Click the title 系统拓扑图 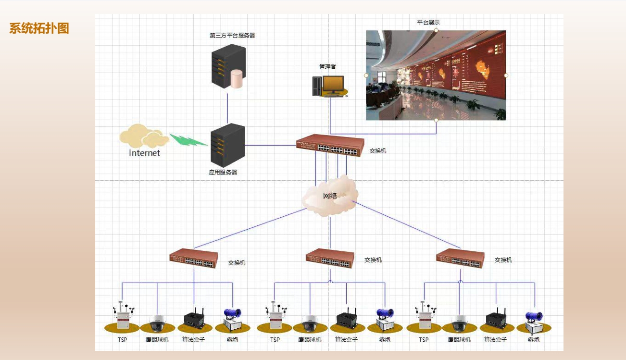39,28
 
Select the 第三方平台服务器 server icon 228,66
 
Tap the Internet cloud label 144,153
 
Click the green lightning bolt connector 188,140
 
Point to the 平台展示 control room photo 436,75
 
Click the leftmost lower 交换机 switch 193,259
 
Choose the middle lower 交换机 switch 330,259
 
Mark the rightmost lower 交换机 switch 460,258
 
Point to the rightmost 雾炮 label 534,340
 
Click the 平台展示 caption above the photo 428,22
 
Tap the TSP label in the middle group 275,340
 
